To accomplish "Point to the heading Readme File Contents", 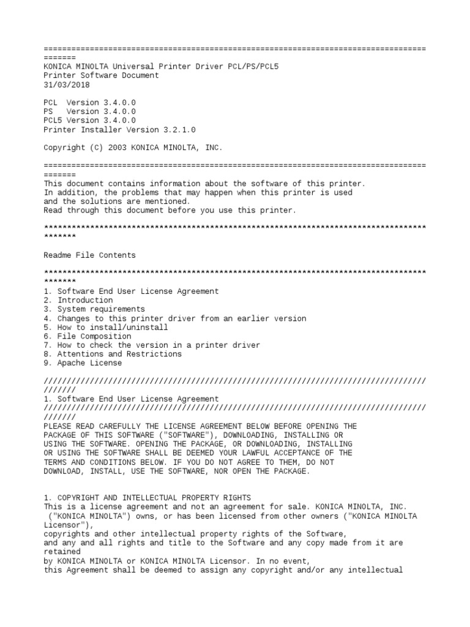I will (x=90, y=255).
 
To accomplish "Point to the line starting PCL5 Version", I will (x=90, y=121).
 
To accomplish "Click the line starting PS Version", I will (x=90, y=111).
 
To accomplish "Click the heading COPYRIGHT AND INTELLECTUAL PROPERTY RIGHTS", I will (x=147, y=498).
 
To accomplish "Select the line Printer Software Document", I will (x=101, y=75).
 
